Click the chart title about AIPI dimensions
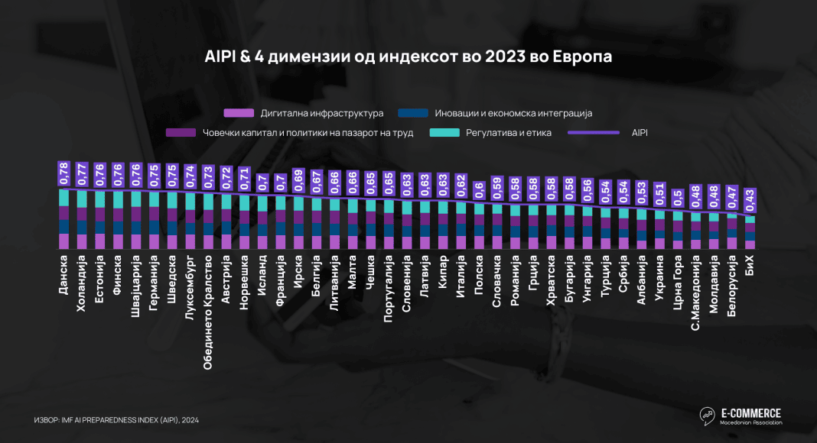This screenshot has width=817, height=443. coord(408,57)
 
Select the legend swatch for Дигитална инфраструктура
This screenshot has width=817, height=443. coord(241,113)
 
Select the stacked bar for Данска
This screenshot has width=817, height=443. coord(64,219)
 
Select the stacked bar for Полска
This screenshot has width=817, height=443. coord(479,226)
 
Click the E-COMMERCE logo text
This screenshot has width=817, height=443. coord(750,413)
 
